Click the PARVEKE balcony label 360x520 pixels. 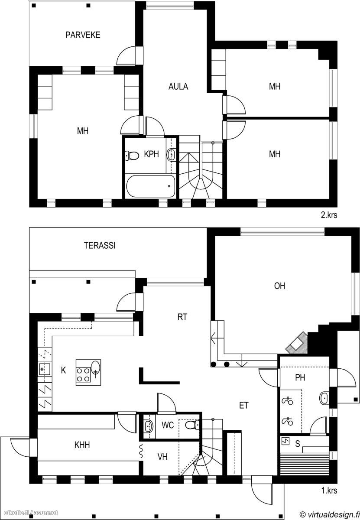[x=83, y=35]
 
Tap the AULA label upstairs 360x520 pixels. [x=178, y=87]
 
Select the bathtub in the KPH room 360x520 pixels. [x=150, y=186]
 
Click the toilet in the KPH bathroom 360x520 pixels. [x=132, y=156]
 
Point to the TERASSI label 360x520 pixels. [x=100, y=246]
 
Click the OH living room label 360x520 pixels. [x=279, y=286]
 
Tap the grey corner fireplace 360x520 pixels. [x=297, y=343]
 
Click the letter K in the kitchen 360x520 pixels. [x=63, y=370]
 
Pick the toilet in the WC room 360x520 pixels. [x=192, y=425]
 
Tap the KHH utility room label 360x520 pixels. [x=82, y=445]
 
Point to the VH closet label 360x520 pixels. [x=162, y=457]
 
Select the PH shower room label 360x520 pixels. [x=300, y=378]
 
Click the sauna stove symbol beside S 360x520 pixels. [x=285, y=441]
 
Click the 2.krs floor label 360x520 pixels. [x=329, y=215]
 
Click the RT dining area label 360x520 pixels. [x=182, y=317]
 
